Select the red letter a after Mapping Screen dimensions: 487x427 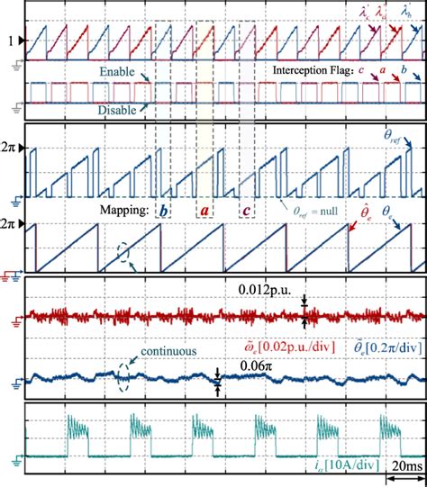coord(204,209)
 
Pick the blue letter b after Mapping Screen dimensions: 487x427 coord(163,209)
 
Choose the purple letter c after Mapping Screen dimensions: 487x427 coord(246,209)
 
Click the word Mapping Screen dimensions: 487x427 coord(124,211)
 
